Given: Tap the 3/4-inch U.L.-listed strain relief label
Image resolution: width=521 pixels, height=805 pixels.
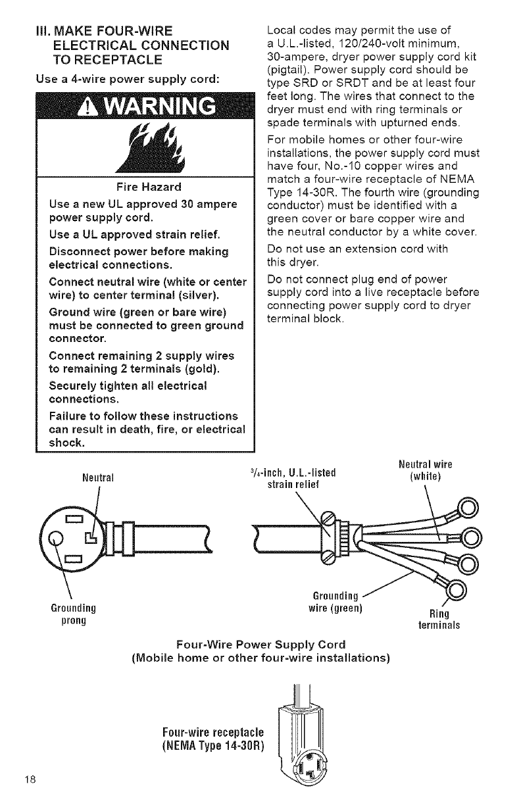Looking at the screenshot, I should pyautogui.click(x=293, y=479).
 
